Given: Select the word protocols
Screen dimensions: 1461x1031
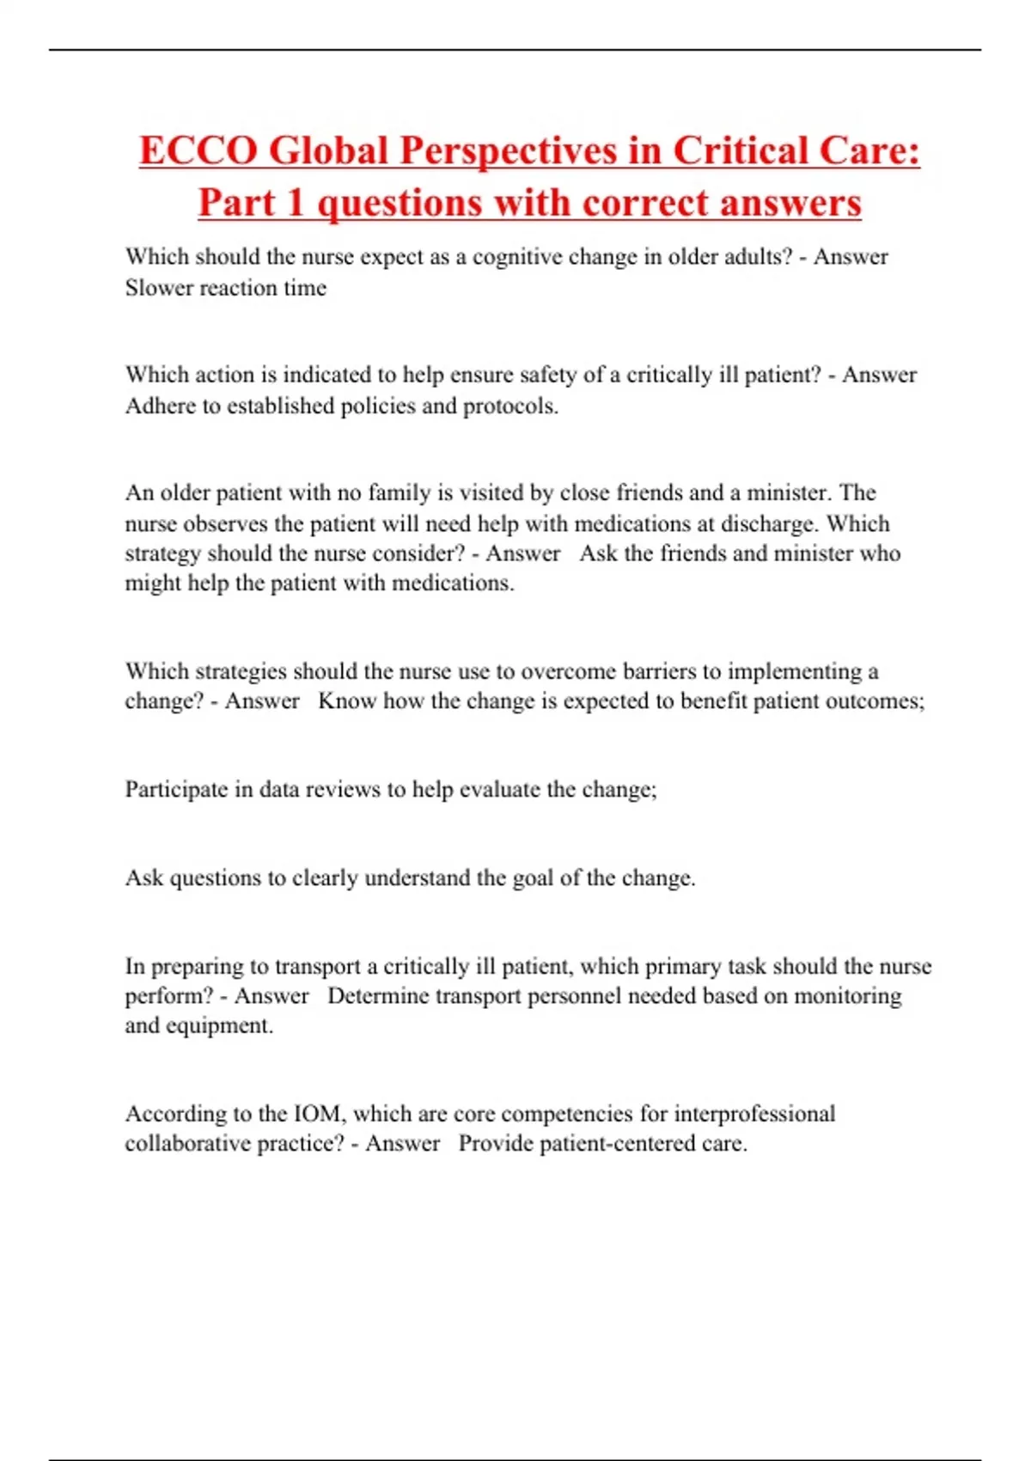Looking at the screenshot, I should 510,406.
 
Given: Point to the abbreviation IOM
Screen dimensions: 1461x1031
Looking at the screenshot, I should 319,1114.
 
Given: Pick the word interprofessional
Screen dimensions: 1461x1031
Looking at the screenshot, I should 753,1114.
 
